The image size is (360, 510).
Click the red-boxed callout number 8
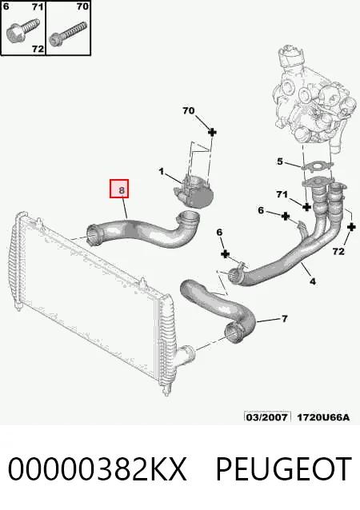(122, 190)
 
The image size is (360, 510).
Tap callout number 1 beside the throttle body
(161, 171)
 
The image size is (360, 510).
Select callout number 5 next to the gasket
(280, 161)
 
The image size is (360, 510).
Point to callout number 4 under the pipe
(313, 281)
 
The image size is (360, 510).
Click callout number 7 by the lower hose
(285, 319)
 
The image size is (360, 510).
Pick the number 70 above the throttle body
(189, 111)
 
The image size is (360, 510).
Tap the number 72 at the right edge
(338, 251)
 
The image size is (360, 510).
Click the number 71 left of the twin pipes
(282, 194)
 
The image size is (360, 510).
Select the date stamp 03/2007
(267, 417)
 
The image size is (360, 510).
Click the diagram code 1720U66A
(323, 417)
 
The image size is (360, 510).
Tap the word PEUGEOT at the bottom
(284, 468)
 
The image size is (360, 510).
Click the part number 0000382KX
(98, 468)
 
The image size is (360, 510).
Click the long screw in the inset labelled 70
(68, 34)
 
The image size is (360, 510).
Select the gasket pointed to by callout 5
(317, 167)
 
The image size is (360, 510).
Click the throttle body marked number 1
(194, 193)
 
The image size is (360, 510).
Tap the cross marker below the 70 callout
(212, 132)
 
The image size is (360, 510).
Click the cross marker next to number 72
(351, 227)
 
